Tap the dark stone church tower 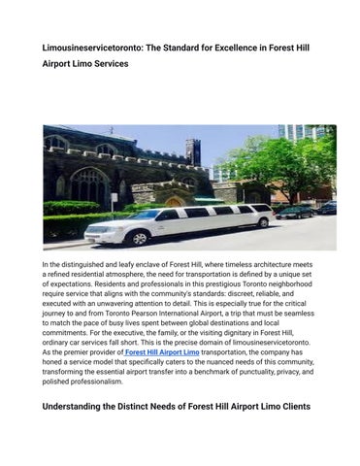[194, 154]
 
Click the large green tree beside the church [290, 165]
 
